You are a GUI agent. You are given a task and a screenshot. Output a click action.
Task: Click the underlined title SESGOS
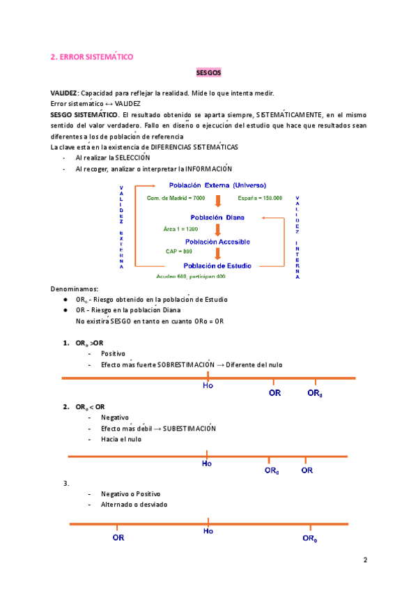[x=208, y=73]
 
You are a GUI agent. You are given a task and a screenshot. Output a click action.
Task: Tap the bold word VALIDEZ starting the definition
[x=64, y=93]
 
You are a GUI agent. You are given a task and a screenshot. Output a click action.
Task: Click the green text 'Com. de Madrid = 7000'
[x=171, y=198]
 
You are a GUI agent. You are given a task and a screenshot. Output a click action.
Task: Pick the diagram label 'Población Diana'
[x=217, y=217]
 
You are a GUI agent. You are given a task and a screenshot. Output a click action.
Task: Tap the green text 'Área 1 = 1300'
[x=180, y=229]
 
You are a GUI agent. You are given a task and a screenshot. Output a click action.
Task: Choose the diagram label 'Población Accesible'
[x=217, y=241]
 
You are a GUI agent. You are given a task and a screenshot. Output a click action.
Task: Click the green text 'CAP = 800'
[x=178, y=251]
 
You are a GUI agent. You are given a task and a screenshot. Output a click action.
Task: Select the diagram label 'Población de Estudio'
[x=217, y=266]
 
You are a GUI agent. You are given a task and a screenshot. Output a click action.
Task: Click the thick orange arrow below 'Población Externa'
[x=218, y=201]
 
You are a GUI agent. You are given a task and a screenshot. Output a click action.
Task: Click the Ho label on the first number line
[x=208, y=385]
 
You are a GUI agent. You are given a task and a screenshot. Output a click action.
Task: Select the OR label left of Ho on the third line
[x=118, y=537]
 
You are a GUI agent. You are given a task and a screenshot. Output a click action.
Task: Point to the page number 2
[x=365, y=560]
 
